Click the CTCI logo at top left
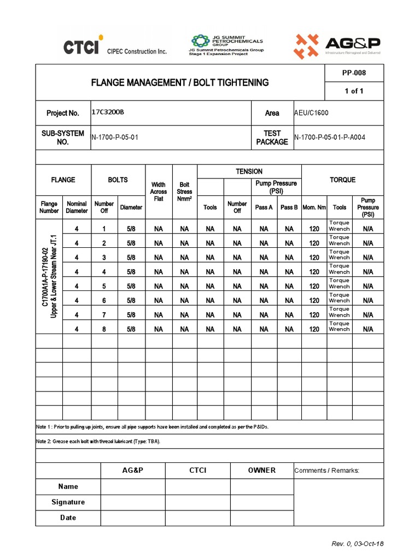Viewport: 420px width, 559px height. coord(115,48)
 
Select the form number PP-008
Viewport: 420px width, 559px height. coord(354,73)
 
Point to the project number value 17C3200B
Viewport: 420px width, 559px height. coord(108,112)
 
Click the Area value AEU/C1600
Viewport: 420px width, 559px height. coord(312,112)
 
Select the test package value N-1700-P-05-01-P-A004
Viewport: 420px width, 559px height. coord(330,137)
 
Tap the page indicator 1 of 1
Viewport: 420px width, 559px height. coord(354,91)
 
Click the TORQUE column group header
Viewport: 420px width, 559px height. coord(342,180)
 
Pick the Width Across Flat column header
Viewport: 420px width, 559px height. coord(158,192)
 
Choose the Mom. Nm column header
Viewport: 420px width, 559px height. coord(314,207)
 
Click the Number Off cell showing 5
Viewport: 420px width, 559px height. coord(104,286)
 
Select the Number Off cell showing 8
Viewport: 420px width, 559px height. coord(104,329)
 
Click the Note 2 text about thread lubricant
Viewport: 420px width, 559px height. coord(99,441)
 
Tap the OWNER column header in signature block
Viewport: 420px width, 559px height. coord(262,471)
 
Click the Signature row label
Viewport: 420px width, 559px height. coord(68,502)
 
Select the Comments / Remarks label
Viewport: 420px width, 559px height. coord(326,471)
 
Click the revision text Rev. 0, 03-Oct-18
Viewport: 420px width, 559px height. coord(358,544)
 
